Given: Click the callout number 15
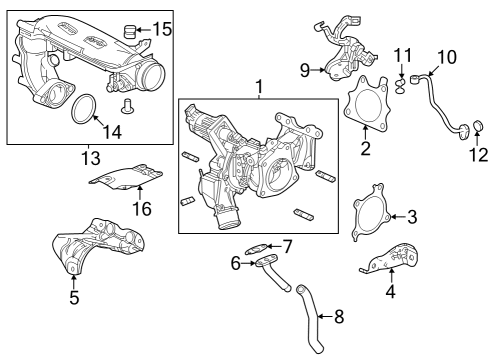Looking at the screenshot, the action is [x=162, y=29].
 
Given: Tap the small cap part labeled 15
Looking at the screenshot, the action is [x=130, y=31].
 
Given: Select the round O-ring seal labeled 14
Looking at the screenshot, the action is [x=84, y=109].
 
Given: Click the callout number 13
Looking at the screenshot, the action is [x=91, y=158].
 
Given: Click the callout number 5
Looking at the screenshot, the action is [x=74, y=297].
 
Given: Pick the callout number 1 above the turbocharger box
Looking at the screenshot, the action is [x=259, y=87].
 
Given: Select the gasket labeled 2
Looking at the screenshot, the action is [x=366, y=102].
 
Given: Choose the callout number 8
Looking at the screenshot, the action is [x=339, y=316].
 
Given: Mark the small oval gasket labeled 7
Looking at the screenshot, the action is [x=256, y=248].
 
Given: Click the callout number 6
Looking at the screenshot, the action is [x=236, y=264].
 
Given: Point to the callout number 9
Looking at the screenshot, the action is [x=305, y=70].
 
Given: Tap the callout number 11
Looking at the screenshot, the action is [x=403, y=55].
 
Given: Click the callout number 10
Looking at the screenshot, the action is [x=447, y=57].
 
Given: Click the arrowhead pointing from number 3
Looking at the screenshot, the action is [x=393, y=217].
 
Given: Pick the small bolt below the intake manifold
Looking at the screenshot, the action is [x=126, y=105].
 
